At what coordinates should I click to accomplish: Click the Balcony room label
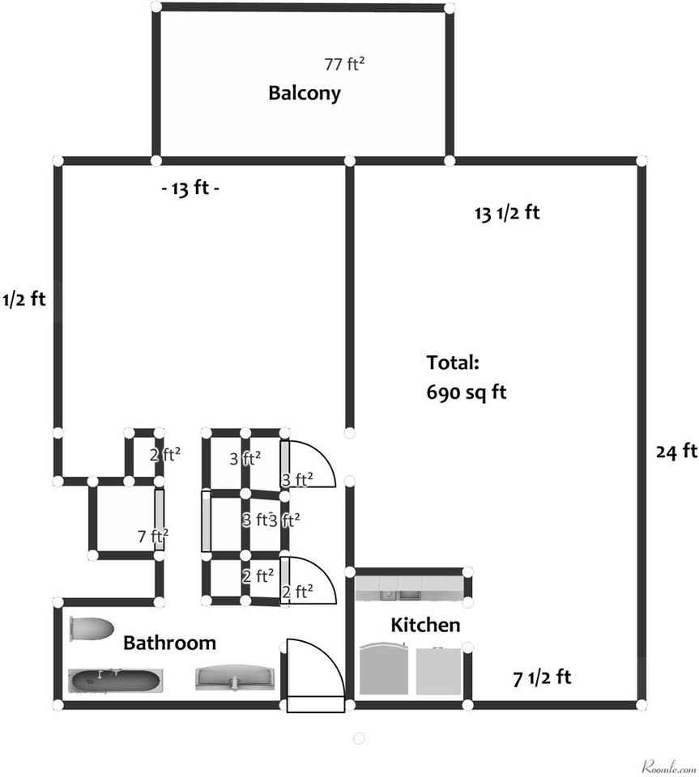click(305, 93)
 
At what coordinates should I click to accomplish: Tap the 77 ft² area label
click(344, 64)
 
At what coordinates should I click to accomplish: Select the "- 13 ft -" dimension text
click(190, 189)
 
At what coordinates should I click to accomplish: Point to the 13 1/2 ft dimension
click(507, 214)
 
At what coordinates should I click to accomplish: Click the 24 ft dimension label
click(676, 451)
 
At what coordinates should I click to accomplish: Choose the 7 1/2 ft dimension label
click(543, 677)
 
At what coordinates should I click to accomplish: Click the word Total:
click(454, 362)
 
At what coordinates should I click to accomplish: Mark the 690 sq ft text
click(466, 393)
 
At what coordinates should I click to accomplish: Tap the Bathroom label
click(169, 643)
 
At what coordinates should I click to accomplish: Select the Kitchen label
click(425, 625)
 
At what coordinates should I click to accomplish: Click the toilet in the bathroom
click(90, 629)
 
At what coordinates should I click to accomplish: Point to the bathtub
click(115, 681)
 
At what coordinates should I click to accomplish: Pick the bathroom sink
click(236, 678)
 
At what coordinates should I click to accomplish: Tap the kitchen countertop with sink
click(408, 587)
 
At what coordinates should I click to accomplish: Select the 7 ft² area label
click(152, 535)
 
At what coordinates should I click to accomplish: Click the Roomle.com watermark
click(669, 766)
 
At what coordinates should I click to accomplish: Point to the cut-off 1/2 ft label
click(24, 299)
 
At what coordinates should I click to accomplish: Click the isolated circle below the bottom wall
click(359, 738)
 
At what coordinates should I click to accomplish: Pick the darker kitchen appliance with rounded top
click(386, 670)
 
